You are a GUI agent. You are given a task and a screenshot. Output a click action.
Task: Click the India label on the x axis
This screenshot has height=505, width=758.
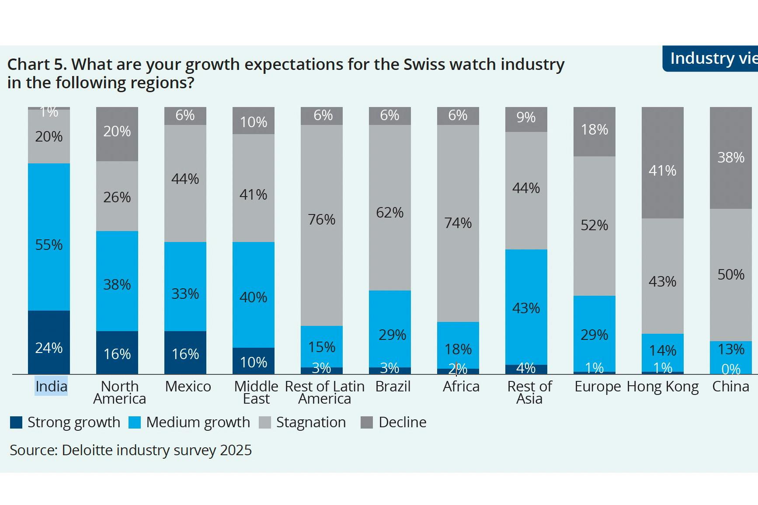tap(51, 386)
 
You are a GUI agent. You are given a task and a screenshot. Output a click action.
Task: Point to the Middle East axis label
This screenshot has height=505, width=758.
tap(256, 392)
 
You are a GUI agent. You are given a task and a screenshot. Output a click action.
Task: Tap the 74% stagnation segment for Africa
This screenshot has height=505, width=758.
tap(458, 223)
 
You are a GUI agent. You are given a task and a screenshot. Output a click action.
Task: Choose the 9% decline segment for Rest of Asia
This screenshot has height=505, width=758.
tap(526, 119)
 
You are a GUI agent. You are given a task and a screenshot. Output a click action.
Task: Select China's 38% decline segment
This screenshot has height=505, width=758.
tap(731, 158)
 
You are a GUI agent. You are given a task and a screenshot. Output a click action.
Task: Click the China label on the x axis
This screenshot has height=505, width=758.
tap(730, 386)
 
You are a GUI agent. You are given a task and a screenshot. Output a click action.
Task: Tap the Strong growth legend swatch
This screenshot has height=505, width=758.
tap(16, 422)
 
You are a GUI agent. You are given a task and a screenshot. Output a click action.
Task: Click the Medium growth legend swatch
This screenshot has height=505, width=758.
tap(135, 422)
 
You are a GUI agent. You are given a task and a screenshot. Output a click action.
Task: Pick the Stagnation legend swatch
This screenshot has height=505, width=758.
tap(265, 422)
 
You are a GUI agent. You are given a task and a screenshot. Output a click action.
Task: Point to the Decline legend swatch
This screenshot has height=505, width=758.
tap(367, 422)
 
